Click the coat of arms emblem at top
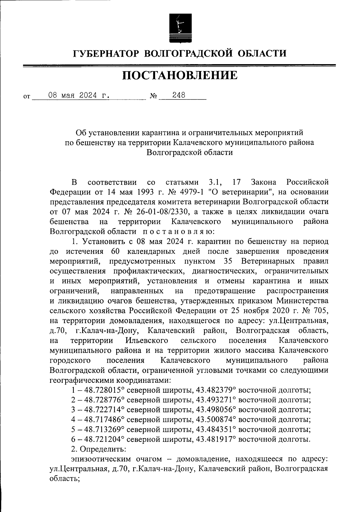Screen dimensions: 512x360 pos(180,28)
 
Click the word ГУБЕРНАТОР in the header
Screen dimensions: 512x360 pos(106,53)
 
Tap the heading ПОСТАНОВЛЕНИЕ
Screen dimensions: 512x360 pos(180,75)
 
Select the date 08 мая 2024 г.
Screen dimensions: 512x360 pos(78,95)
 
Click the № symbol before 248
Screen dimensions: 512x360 pos(153,97)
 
